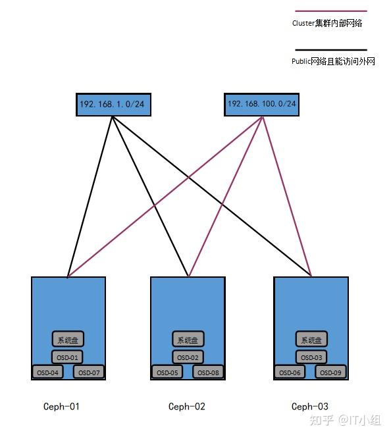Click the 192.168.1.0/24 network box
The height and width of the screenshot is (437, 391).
[113, 105]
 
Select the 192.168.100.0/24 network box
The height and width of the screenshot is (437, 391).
[262, 105]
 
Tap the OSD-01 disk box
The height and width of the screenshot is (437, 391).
[67, 357]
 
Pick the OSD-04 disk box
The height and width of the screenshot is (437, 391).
[47, 372]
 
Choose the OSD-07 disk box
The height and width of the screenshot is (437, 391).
[89, 372]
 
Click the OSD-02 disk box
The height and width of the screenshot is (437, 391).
[188, 357]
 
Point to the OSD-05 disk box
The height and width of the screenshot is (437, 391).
[167, 372]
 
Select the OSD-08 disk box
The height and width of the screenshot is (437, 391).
[208, 372]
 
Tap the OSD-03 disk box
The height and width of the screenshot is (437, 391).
[311, 357]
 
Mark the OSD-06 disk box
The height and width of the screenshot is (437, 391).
[290, 372]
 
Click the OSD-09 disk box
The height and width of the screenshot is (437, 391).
[330, 372]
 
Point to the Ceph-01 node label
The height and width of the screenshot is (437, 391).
[61, 406]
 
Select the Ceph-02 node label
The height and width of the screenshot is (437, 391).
[187, 406]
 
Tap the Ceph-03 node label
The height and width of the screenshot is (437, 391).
[310, 406]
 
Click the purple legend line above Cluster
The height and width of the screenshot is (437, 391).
[331, 11]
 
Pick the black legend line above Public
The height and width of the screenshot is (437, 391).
[331, 50]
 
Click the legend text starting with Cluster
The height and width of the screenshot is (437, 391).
[327, 23]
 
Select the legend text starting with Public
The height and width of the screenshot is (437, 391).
[333, 61]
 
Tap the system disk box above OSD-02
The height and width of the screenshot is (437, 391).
[188, 339]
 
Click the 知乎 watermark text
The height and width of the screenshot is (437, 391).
[322, 420]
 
